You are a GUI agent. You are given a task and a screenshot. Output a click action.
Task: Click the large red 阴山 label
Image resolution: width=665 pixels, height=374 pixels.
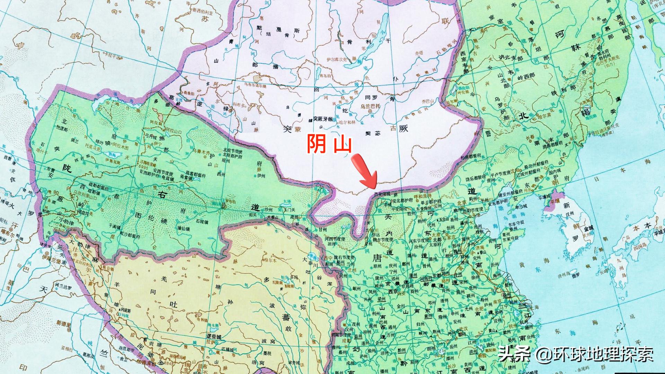(x=329, y=145)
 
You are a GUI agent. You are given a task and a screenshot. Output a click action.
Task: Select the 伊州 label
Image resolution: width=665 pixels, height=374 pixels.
(x=261, y=176)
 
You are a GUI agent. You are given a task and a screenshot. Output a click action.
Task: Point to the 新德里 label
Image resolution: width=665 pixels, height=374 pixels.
(x=64, y=323)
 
